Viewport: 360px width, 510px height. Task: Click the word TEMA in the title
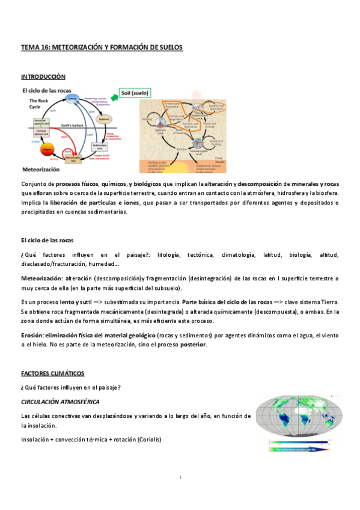[x=29, y=47]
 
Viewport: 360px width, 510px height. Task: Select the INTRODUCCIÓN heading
[x=43, y=77]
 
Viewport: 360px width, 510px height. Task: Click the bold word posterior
[x=189, y=344]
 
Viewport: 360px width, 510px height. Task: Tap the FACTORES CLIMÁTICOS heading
[x=52, y=373]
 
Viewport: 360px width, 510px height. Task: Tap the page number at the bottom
[x=180, y=477]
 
